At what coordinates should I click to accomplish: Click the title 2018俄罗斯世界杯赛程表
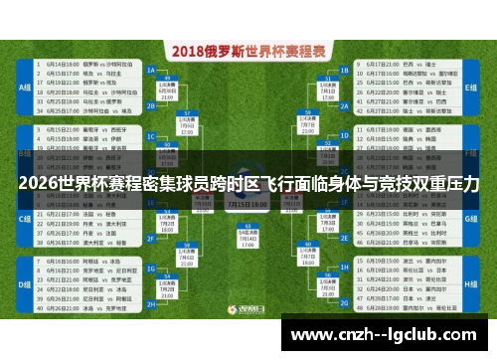click(x=248, y=50)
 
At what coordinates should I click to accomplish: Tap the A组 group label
click(x=25, y=87)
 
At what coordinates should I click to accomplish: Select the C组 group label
click(x=25, y=217)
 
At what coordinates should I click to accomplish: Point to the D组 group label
click(x=25, y=284)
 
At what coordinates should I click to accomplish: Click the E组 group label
click(x=471, y=87)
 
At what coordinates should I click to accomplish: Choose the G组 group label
click(x=471, y=217)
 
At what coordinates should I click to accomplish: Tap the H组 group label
click(x=471, y=284)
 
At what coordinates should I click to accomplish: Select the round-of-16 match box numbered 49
click(x=168, y=97)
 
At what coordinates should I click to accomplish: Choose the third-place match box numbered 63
click(x=248, y=239)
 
